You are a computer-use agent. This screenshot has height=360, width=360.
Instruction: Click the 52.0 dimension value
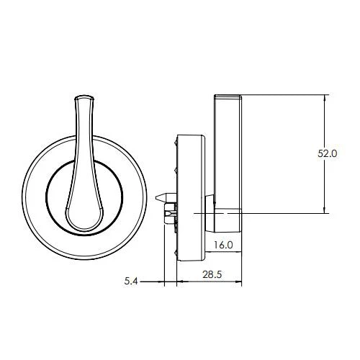tap(328, 153)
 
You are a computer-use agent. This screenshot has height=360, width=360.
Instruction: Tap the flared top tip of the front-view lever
tap(84, 96)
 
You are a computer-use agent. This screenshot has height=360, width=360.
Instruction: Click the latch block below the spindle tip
tap(170, 211)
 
